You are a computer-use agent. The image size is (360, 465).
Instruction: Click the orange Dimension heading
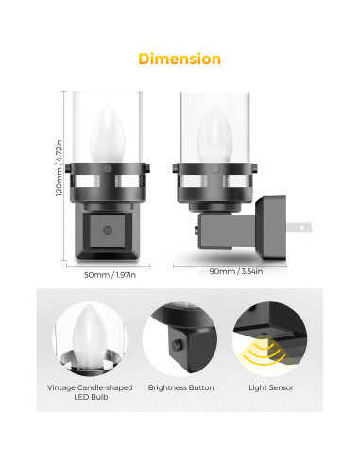180,59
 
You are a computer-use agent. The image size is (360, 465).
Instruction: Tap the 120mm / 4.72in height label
59,168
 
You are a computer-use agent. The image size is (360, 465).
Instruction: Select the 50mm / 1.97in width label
110,275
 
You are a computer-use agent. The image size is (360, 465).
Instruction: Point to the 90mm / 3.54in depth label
236,271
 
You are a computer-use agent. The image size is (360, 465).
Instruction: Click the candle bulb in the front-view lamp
108,133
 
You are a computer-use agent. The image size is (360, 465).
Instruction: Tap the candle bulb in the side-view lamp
214,133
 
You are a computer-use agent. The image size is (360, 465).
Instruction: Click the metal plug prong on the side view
299,228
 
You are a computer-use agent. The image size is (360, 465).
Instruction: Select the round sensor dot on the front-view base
108,231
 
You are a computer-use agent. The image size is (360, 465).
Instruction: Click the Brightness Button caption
180,387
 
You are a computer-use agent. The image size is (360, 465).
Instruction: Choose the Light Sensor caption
271,387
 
